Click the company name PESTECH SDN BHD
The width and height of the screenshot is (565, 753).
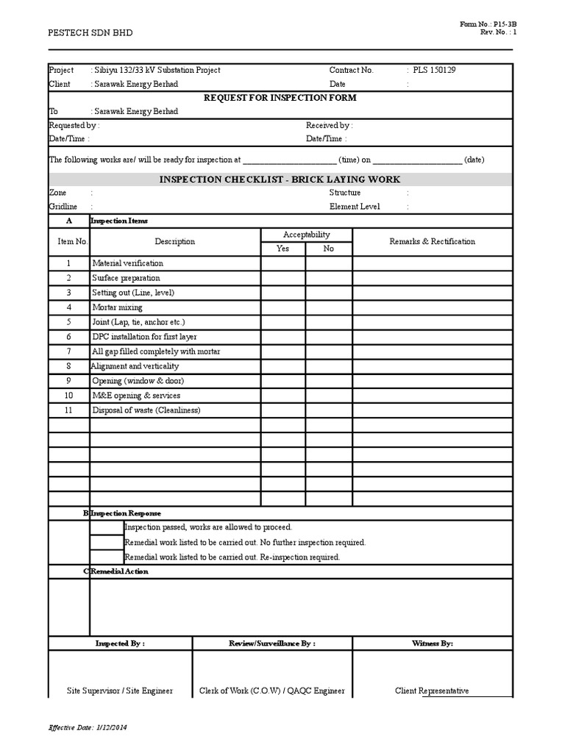click(90, 33)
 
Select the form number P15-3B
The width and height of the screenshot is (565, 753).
click(492, 24)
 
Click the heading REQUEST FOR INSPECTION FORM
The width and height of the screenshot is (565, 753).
click(280, 98)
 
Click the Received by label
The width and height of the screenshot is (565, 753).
click(329, 126)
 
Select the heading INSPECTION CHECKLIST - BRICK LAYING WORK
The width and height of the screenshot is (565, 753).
click(280, 179)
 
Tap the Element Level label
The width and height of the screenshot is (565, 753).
click(355, 207)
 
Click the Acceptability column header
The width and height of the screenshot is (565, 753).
click(306, 235)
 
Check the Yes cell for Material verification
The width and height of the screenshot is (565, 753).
click(283, 263)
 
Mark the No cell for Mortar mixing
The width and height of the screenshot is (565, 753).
click(329, 307)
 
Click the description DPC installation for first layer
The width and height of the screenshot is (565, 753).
click(144, 337)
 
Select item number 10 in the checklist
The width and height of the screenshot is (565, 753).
click(68, 396)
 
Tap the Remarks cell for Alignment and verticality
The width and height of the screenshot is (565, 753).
click(432, 366)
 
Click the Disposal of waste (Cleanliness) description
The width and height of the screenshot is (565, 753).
click(146, 410)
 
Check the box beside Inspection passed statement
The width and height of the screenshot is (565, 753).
click(107, 527)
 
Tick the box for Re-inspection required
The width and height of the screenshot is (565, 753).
click(107, 557)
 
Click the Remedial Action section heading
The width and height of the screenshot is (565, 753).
click(118, 571)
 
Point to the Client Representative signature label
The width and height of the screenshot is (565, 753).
click(432, 690)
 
